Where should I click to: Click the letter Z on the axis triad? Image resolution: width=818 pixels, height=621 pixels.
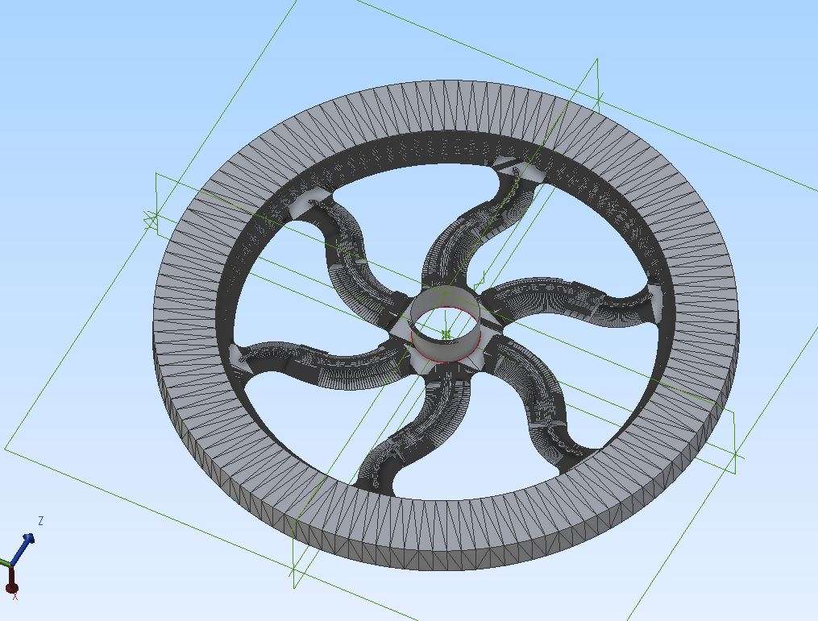pyautogui.click(x=40, y=520)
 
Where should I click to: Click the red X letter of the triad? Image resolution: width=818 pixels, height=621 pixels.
pyautogui.click(x=15, y=596)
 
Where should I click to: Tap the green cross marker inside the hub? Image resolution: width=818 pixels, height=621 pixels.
pyautogui.click(x=446, y=333)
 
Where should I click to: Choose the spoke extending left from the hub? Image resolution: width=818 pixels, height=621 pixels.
pyautogui.click(x=313, y=360)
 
